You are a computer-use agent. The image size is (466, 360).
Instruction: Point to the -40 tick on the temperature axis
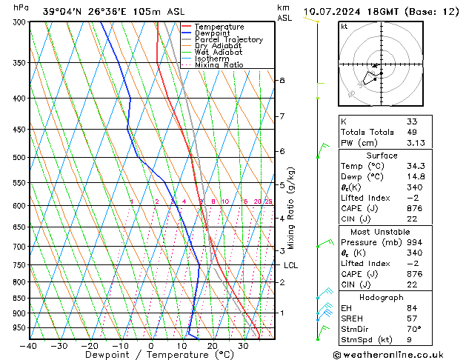pos(30,346)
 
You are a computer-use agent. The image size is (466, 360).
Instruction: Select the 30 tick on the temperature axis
pos(243,346)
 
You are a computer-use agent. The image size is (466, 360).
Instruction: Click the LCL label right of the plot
pos(290,265)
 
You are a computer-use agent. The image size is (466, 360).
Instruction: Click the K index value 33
pos(412,121)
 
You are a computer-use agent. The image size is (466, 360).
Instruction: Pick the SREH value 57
pos(412,319)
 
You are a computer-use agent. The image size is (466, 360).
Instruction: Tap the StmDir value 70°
pos(413,329)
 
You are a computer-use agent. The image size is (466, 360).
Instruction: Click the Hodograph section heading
pos(382,298)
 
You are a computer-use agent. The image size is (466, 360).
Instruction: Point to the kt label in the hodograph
pos(344,27)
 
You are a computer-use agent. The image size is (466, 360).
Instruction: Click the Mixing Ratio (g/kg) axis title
pos(291,208)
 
